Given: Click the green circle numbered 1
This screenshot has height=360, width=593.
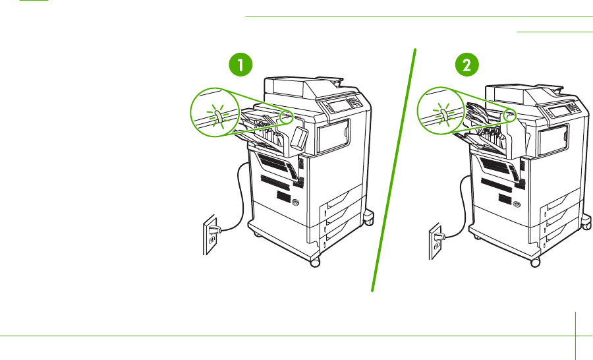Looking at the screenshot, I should tap(239, 65).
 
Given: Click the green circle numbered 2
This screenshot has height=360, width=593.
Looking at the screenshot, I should tap(467, 65).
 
